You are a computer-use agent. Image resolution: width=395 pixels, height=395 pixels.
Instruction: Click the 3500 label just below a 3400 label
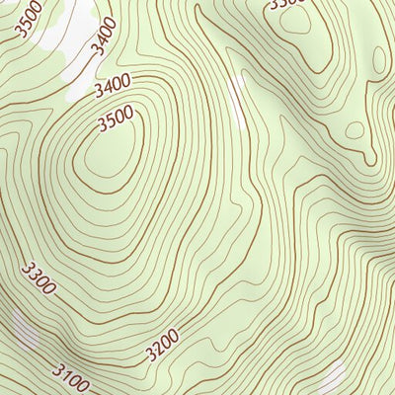[117, 120]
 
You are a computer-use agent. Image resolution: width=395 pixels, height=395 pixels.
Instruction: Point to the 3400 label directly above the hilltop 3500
[114, 87]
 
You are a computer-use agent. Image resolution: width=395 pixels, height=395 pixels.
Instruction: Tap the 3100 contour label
[70, 377]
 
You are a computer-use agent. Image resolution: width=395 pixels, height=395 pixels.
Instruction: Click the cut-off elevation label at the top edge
[288, 4]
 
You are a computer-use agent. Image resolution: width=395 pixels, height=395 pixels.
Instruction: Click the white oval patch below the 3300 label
[22, 328]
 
